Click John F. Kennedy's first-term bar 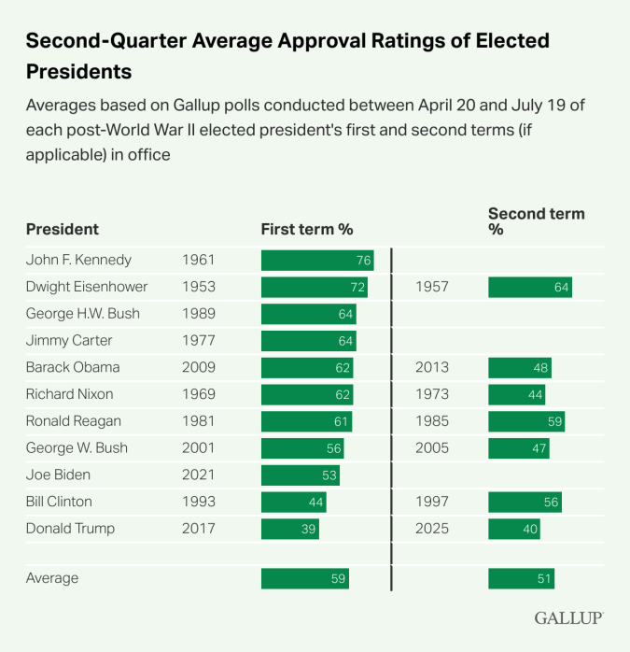pos(317,260)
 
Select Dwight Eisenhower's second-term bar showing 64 pos(529,287)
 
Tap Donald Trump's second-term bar pos(513,529)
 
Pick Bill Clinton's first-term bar pos(293,503)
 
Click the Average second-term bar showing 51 pos(521,578)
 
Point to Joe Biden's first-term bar pos(300,475)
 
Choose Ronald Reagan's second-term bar pos(526,421)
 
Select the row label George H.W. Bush pos(83,314)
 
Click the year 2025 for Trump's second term pos(432,529)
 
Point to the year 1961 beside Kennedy pos(199,260)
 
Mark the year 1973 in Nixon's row pos(432,394)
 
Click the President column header pos(62,229)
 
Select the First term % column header pos(307,229)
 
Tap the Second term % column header pos(536,221)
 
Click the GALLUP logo pos(569,618)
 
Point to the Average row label pos(52,578)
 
